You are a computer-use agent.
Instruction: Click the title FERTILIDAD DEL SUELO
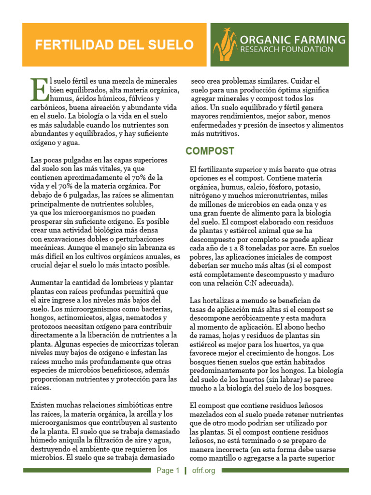point(114,45)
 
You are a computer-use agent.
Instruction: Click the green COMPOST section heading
point(210,151)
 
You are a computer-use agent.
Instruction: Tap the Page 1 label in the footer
point(167,470)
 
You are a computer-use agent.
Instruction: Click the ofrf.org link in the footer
point(203,470)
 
